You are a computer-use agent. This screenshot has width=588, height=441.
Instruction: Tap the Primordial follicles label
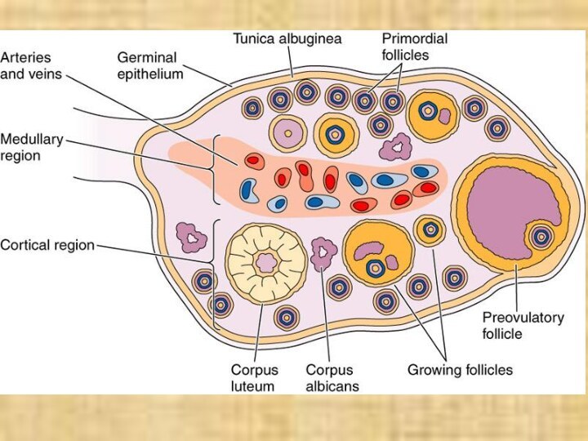pos(415,47)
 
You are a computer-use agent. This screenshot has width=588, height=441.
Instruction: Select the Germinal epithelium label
pos(149,65)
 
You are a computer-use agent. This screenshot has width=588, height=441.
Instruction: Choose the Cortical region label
pos(47,244)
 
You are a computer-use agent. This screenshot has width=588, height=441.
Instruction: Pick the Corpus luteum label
pos(253,376)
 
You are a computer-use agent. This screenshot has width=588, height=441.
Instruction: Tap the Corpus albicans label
pos(332,376)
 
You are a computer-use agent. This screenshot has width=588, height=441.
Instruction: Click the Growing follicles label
pos(460,369)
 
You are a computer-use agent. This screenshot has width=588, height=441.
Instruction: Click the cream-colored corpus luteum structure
pos(265,262)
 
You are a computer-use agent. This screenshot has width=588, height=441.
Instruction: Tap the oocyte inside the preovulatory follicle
pos(540,238)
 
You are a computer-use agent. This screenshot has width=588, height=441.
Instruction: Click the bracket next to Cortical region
pos(216,274)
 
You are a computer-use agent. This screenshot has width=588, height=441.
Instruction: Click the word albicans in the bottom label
pos(332,385)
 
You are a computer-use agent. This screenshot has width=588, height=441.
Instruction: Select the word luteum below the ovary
pos(253,385)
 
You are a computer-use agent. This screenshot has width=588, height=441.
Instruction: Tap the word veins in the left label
pos(46,73)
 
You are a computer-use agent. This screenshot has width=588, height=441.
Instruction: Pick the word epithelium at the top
pos(149,73)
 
